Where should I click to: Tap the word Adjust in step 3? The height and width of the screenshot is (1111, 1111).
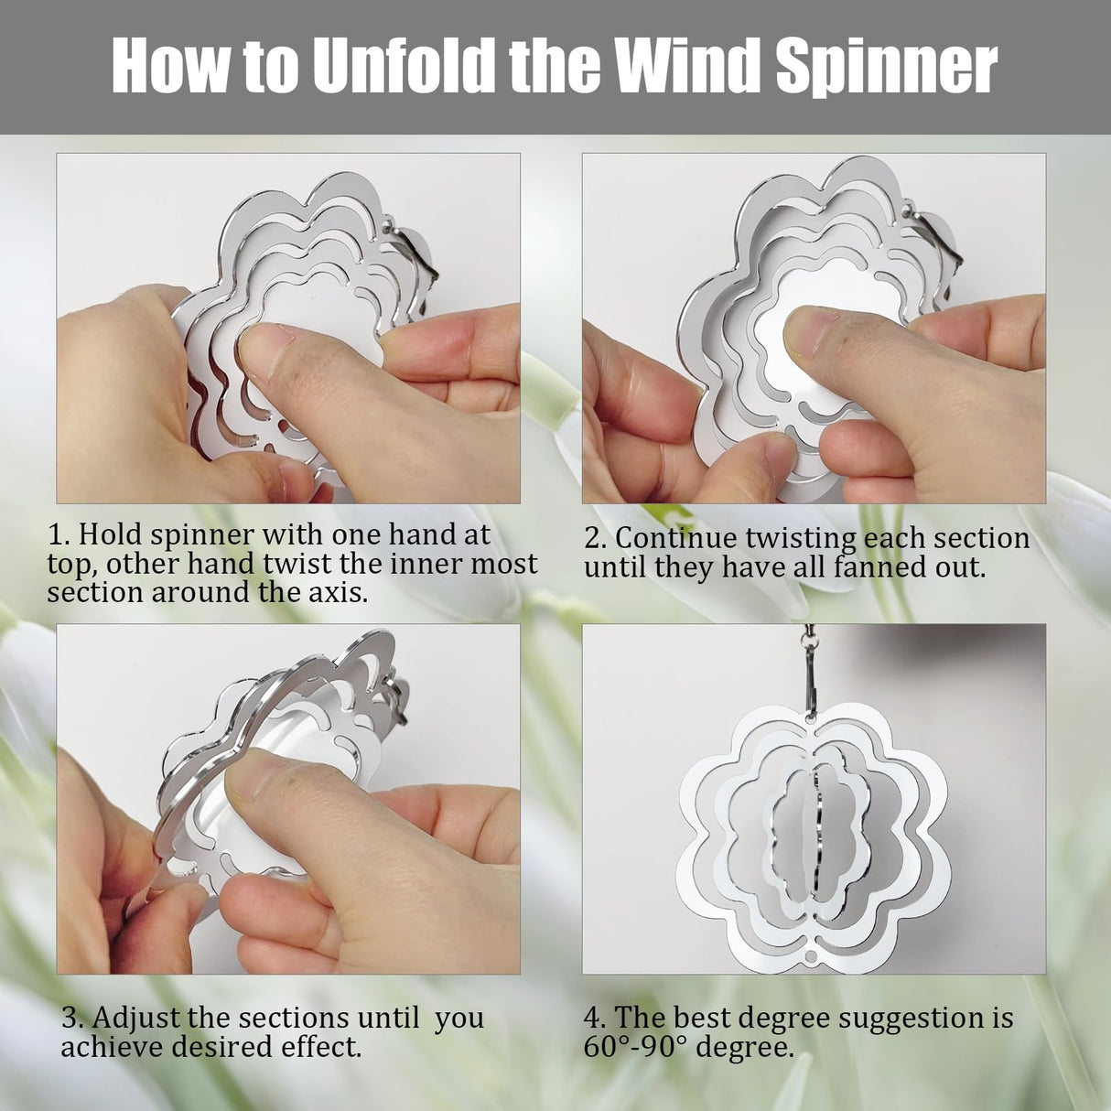coord(135,1018)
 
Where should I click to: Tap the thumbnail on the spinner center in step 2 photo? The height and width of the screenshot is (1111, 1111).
coord(805,325)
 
